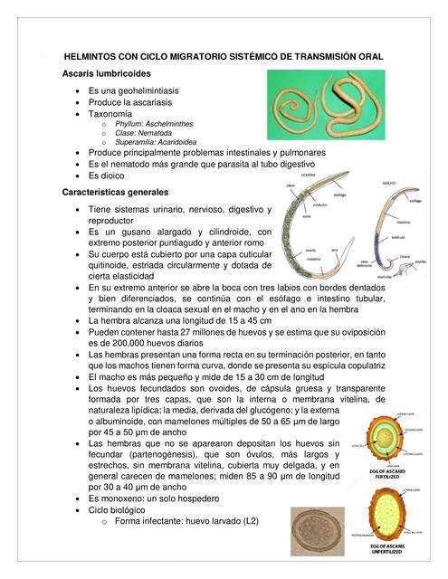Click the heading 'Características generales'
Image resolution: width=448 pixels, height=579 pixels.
(x=115, y=193)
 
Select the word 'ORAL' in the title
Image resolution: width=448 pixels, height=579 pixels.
(x=368, y=56)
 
